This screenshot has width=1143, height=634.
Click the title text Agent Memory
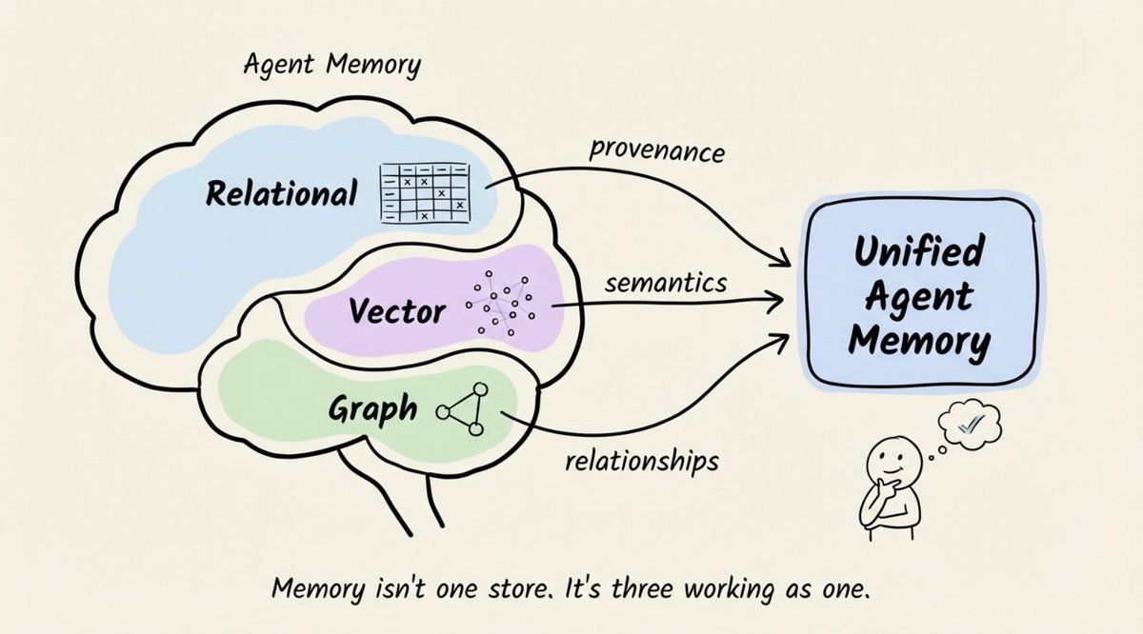(x=332, y=66)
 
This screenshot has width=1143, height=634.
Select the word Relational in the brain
(x=281, y=193)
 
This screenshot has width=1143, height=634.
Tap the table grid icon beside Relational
(x=425, y=193)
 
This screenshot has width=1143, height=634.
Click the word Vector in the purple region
(x=397, y=310)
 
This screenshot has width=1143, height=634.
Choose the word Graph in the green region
(x=373, y=408)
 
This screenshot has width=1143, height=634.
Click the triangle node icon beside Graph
(x=462, y=409)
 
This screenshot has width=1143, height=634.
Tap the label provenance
(x=656, y=151)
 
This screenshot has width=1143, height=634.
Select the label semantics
(x=666, y=283)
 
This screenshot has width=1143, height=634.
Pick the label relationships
(x=642, y=461)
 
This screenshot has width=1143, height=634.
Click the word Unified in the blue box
(x=919, y=251)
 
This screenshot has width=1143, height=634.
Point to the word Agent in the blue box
(x=919, y=296)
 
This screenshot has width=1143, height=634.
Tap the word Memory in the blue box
(x=919, y=341)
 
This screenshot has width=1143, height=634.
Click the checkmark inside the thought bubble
(x=971, y=423)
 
